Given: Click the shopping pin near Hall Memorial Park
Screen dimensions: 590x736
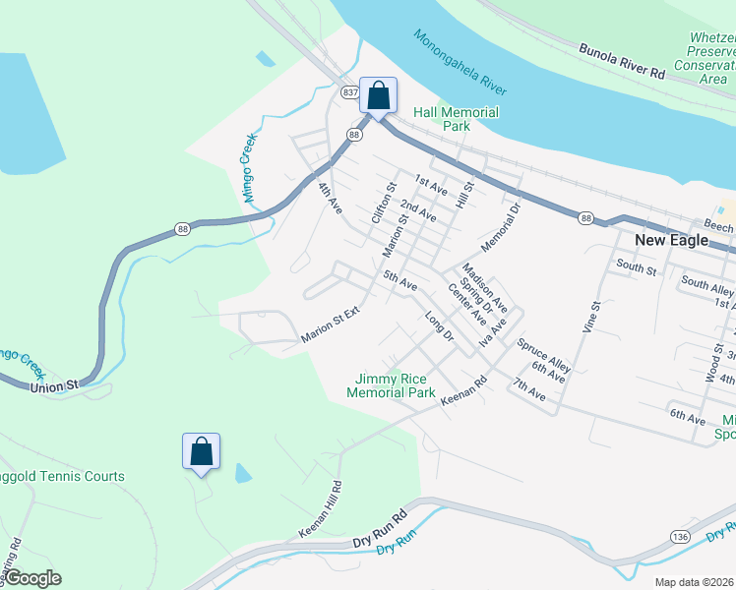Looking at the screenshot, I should pyautogui.click(x=378, y=96).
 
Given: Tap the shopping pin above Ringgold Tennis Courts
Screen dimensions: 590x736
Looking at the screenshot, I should pyautogui.click(x=201, y=452).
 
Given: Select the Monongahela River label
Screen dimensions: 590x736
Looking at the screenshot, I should pyautogui.click(x=460, y=61).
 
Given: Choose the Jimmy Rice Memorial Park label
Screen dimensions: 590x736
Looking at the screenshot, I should pyautogui.click(x=391, y=385).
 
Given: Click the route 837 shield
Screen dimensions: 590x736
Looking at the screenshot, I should pyautogui.click(x=350, y=91).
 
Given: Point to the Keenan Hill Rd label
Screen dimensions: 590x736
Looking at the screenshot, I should pyautogui.click(x=322, y=509).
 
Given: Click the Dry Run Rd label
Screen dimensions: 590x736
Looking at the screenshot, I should pyautogui.click(x=379, y=531).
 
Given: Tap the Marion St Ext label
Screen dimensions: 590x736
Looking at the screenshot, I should pyautogui.click(x=332, y=324).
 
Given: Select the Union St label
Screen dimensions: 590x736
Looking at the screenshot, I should pyautogui.click(x=53, y=387).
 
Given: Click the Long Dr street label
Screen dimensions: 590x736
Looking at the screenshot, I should pyautogui.click(x=438, y=326).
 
